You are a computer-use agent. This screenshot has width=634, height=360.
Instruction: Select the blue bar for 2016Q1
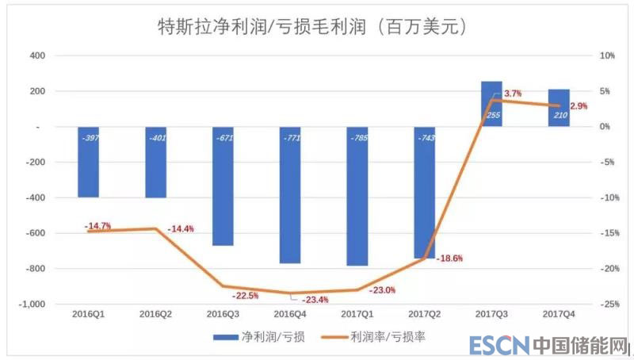click(x=89, y=163)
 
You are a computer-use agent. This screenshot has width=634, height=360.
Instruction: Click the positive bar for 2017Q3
click(x=491, y=104)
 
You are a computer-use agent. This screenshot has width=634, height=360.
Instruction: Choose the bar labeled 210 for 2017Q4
click(x=559, y=108)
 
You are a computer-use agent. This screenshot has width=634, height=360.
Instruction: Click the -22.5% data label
click(x=246, y=296)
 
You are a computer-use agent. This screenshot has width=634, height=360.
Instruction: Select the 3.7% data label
click(x=513, y=94)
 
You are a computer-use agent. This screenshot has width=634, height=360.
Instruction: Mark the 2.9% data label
click(x=579, y=105)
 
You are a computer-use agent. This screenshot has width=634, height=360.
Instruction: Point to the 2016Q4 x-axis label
click(x=290, y=315)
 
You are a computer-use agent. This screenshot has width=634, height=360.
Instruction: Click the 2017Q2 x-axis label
click(x=424, y=315)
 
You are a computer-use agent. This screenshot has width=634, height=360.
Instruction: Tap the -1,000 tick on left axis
click(x=32, y=304)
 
